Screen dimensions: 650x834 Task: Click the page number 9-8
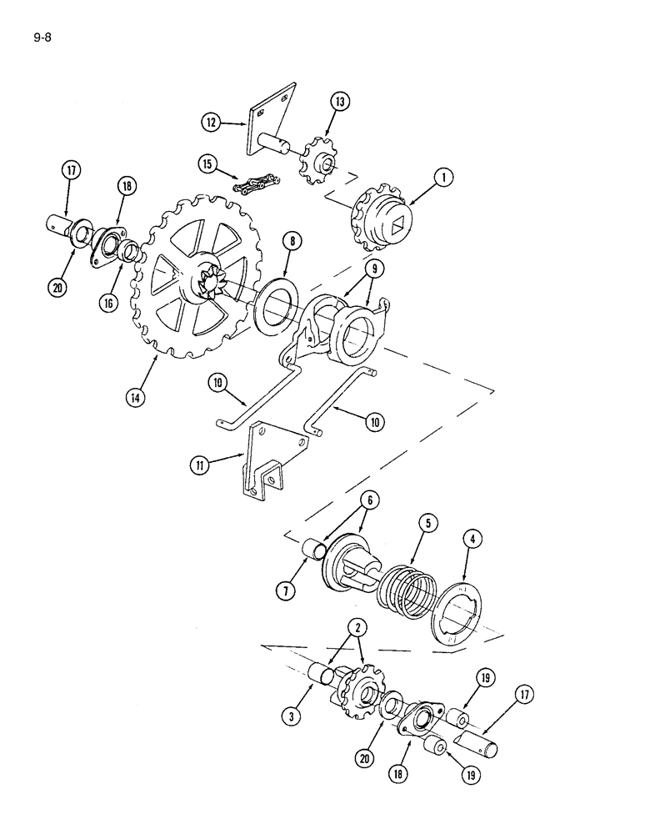[x=42, y=38]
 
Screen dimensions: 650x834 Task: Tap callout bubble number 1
[x=444, y=177]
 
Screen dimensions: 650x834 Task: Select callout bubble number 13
[x=340, y=102]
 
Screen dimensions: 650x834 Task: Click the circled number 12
[x=211, y=123]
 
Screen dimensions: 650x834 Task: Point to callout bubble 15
[x=207, y=163]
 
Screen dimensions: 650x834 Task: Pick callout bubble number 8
[x=292, y=241]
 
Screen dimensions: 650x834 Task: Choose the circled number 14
[x=136, y=397]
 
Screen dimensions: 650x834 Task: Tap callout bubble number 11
[x=199, y=466]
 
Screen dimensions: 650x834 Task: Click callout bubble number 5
[x=427, y=523]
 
